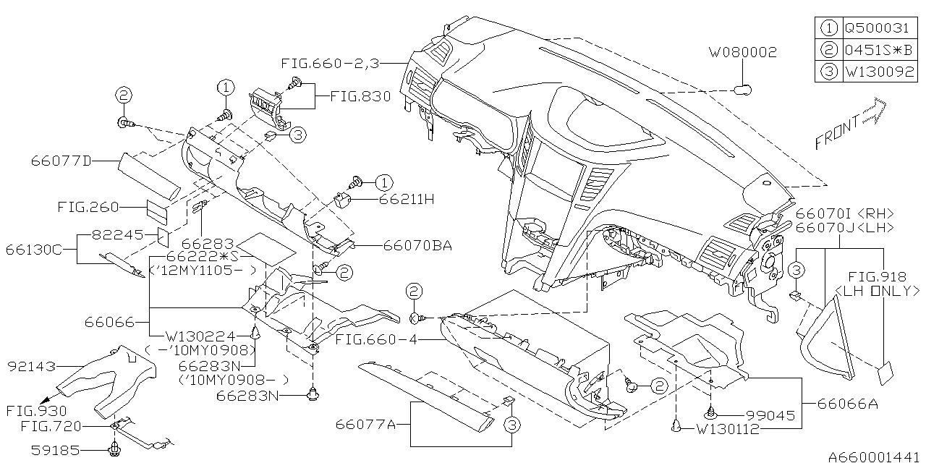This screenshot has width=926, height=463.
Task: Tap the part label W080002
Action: coord(742,52)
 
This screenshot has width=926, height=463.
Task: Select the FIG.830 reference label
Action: coord(360,95)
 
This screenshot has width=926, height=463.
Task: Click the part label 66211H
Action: coord(404,199)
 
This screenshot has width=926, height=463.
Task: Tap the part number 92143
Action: coord(31,367)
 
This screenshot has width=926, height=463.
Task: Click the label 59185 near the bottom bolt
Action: coord(56,450)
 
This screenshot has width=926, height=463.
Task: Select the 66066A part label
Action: coord(847,404)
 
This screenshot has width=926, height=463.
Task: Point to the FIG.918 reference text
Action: coord(877,276)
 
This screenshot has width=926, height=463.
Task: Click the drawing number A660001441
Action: coord(874,456)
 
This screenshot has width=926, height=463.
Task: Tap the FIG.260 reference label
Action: coord(88,207)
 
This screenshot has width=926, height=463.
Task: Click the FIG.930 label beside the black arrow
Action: coord(31,410)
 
